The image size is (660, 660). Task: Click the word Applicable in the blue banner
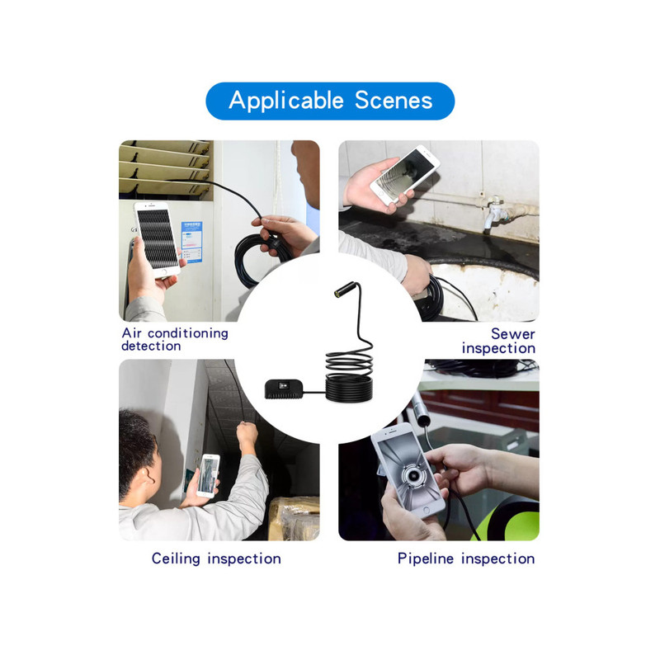(286, 101)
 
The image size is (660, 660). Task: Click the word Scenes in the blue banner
(394, 101)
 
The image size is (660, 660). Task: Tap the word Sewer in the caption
(512, 334)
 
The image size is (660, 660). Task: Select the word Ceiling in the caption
(176, 559)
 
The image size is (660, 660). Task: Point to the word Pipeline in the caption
(426, 559)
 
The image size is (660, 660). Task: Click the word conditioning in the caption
(188, 333)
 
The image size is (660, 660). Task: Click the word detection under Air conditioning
(151, 346)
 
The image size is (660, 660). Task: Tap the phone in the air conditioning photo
(157, 239)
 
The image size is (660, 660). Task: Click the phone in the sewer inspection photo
(405, 175)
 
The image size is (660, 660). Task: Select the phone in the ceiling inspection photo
(209, 476)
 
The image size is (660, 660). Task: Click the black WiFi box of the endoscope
(284, 389)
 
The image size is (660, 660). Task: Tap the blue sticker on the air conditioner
(191, 242)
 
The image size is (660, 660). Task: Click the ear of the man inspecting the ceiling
(148, 476)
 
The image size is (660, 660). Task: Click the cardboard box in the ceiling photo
(294, 519)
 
